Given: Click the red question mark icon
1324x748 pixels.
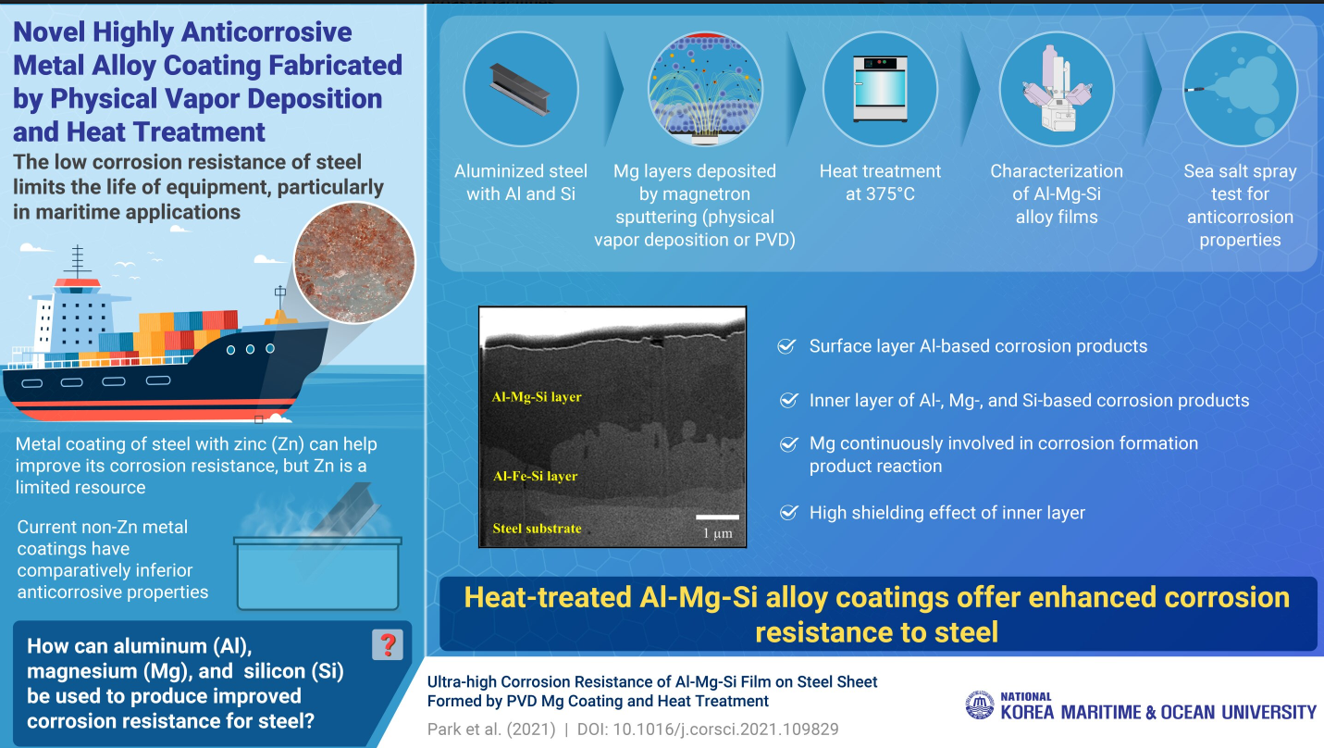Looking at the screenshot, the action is click(388, 644).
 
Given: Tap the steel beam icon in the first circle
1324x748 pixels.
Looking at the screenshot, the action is click(520, 89).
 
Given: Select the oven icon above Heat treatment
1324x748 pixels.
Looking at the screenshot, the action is click(880, 89).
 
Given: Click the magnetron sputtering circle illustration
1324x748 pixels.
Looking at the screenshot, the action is click(705, 89).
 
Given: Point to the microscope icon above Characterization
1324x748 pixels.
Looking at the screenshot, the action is click(1057, 89).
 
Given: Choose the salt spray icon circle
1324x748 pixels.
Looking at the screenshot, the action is click(1240, 89).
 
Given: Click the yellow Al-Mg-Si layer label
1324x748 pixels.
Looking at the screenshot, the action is click(537, 397).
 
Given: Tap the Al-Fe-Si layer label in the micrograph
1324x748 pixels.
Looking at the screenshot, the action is click(536, 476).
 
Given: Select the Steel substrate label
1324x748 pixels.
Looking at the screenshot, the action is click(537, 528).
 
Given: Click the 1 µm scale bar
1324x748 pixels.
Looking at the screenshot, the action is click(718, 517).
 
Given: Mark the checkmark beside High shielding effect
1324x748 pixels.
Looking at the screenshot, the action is click(788, 512).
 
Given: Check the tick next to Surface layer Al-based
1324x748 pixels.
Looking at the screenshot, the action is click(786, 346).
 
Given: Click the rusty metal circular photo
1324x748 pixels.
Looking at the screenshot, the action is click(354, 263).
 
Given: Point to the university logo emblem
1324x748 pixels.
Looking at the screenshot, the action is click(980, 704).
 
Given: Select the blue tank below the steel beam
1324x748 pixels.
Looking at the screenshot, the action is click(318, 573).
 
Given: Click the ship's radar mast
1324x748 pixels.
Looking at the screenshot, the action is click(78, 261).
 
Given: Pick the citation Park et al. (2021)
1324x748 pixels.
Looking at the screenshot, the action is click(491, 729).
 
